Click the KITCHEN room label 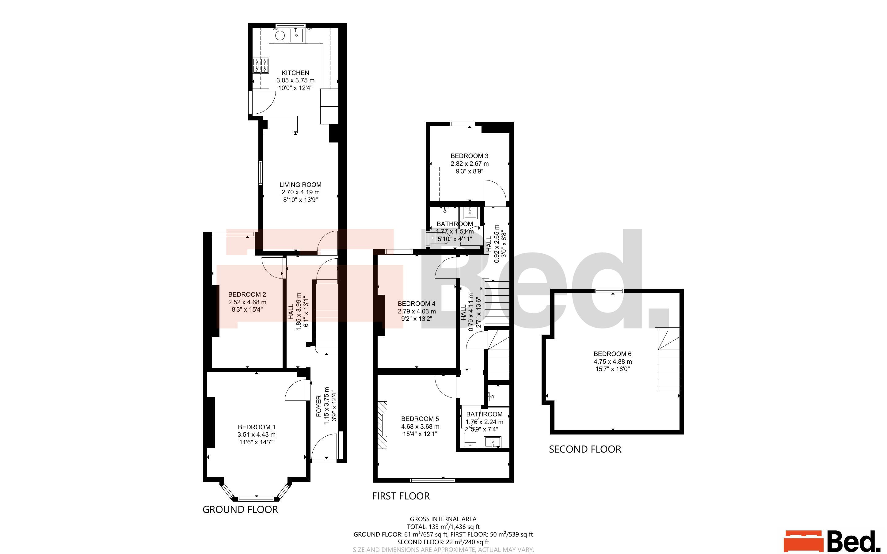click(x=295, y=73)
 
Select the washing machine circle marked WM click(x=280, y=36)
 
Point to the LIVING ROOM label click(x=300, y=185)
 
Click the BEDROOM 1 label click(x=257, y=427)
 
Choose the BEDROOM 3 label click(x=469, y=156)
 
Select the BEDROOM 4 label click(x=417, y=303)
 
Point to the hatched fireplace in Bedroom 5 click(x=382, y=425)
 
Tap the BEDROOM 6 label click(x=613, y=354)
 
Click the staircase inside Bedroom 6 click(x=667, y=360)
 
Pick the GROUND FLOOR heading click(x=240, y=510)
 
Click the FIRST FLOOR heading click(x=401, y=496)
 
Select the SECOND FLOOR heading click(x=585, y=449)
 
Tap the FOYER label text click(x=319, y=406)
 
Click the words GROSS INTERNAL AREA click(x=443, y=519)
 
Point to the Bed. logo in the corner click(x=832, y=541)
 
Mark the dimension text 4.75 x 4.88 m click(x=613, y=362)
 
